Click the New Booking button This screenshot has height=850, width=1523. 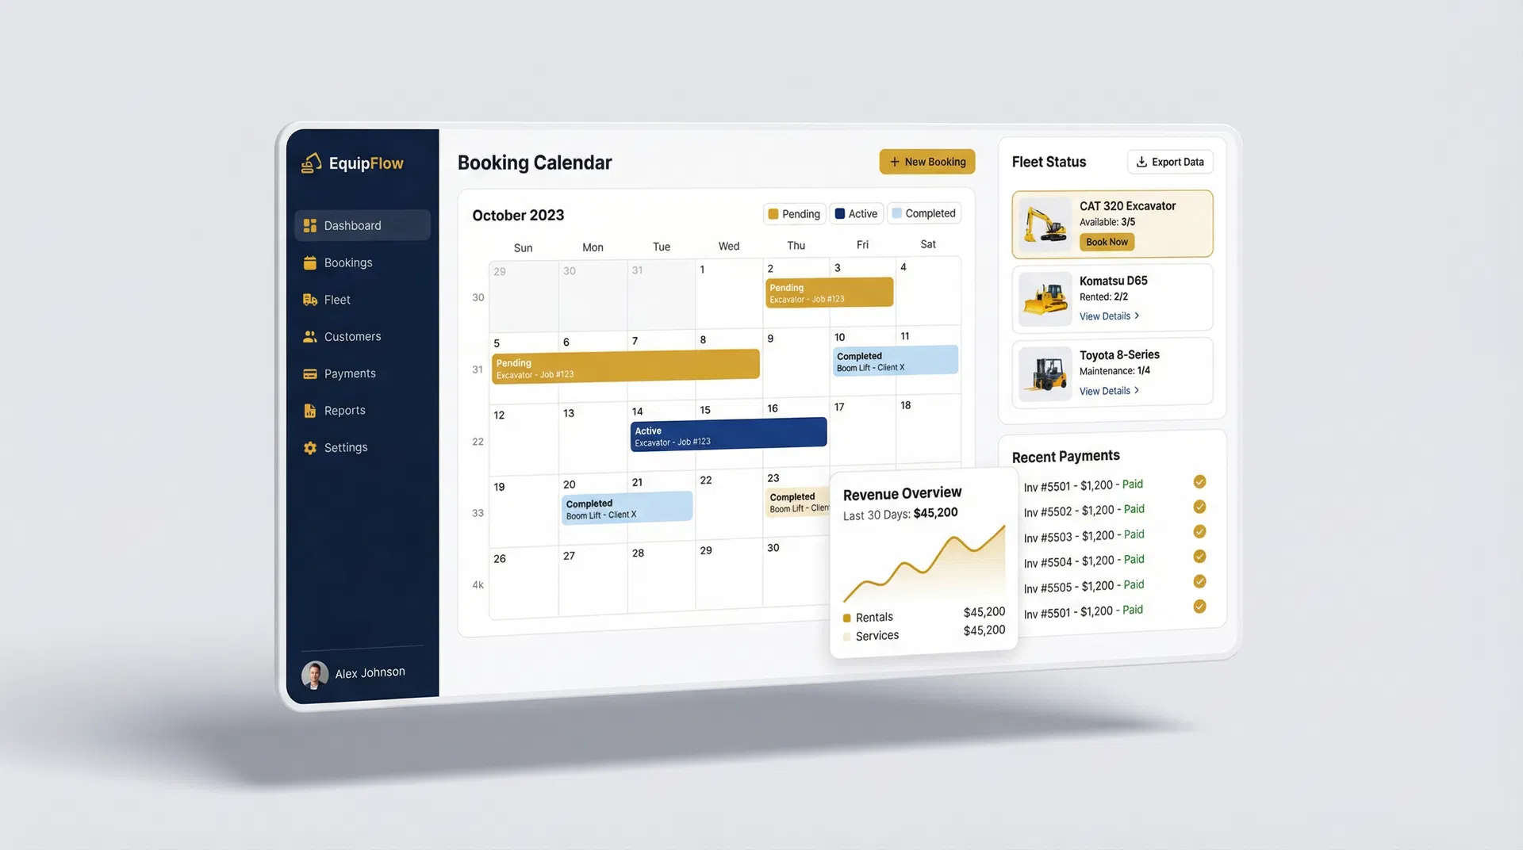[x=926, y=162]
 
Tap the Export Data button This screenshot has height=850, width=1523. [x=1170, y=162]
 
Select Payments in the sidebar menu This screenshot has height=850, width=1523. [x=349, y=373]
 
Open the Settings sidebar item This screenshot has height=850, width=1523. [x=345, y=447]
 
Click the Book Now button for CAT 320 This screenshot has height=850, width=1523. [x=1107, y=242]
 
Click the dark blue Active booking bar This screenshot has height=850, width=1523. [x=728, y=435]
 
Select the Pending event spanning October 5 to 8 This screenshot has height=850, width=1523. [x=625, y=367]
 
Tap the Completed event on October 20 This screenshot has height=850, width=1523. [x=627, y=507]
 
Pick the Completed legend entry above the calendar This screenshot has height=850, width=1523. [x=923, y=213]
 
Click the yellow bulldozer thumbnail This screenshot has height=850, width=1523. [x=1045, y=300]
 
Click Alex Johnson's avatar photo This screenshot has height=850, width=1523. [x=315, y=675]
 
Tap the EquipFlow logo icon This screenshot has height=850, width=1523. [x=311, y=163]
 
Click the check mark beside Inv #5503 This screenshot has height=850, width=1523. [x=1199, y=531]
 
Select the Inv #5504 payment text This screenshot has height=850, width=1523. [x=1084, y=561]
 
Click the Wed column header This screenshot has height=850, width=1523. [x=728, y=247]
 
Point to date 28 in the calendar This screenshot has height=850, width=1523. [x=638, y=553]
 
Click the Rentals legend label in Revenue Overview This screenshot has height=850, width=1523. [x=873, y=617]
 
